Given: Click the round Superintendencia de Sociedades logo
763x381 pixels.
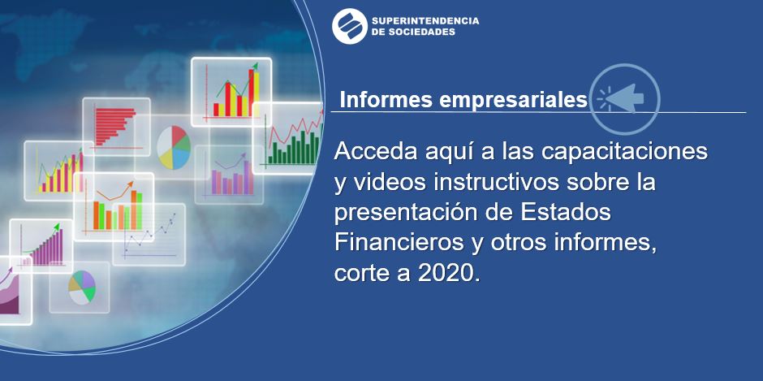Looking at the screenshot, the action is tap(349, 26).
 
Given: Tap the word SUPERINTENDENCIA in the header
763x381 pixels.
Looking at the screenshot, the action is tap(425, 21).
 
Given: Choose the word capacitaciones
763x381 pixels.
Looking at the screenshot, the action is tap(624, 153).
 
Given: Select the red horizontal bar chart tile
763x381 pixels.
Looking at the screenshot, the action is tap(116, 127).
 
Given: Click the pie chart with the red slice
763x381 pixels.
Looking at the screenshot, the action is tap(173, 147).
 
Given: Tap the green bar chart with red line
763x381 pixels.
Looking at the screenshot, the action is tap(288, 139).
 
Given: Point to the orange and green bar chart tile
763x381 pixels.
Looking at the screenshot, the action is tap(114, 206).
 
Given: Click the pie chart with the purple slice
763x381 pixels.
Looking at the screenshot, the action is tap(82, 288).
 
